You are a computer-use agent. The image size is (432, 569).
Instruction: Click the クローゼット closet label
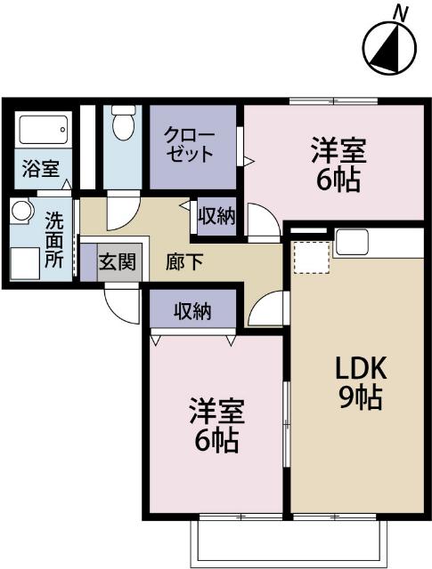189,144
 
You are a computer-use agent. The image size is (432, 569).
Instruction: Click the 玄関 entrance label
118,262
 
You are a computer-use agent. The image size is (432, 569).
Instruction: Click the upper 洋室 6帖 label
336,164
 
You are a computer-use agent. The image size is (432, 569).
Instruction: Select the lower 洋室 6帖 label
214,425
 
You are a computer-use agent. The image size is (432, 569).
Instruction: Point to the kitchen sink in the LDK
352,241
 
